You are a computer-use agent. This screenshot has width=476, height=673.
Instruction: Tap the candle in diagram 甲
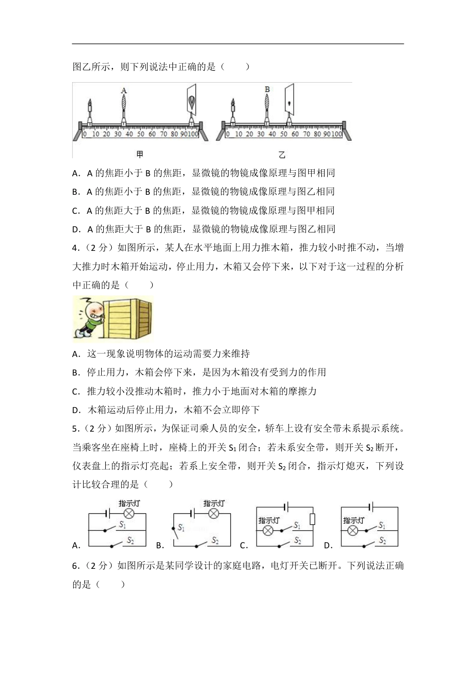click(x=90, y=110)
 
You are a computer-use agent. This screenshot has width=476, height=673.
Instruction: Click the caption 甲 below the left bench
click(x=140, y=155)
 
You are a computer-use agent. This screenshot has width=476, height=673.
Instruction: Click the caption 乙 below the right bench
click(x=282, y=155)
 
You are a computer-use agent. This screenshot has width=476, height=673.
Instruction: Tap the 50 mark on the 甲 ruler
click(x=141, y=134)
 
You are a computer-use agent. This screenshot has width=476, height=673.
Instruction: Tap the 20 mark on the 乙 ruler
click(x=250, y=134)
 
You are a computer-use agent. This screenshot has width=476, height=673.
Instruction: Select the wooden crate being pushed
click(x=128, y=317)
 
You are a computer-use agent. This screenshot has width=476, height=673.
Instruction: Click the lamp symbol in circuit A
click(x=129, y=513)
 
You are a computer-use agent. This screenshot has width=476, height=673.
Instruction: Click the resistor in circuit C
click(x=313, y=519)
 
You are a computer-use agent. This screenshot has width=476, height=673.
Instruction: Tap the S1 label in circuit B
click(x=181, y=527)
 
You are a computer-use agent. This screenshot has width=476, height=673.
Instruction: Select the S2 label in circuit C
click(x=298, y=540)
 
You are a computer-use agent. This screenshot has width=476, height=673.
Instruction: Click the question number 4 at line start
click(x=76, y=248)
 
